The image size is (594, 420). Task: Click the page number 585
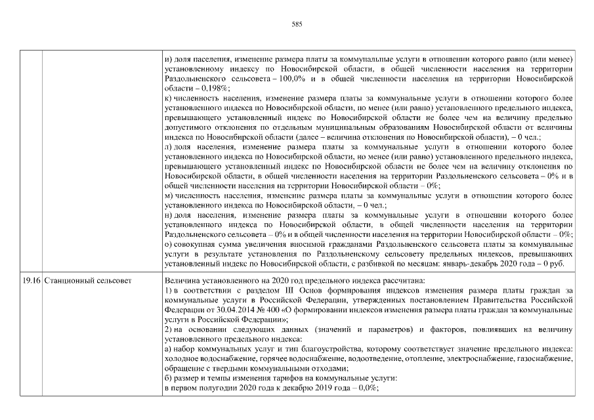click(296, 24)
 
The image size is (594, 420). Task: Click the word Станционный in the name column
click(68, 280)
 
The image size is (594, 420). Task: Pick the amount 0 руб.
click(564, 263)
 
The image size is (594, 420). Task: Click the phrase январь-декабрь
click(484, 263)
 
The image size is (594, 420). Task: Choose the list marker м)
click(169, 195)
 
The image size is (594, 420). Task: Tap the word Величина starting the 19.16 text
click(182, 280)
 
